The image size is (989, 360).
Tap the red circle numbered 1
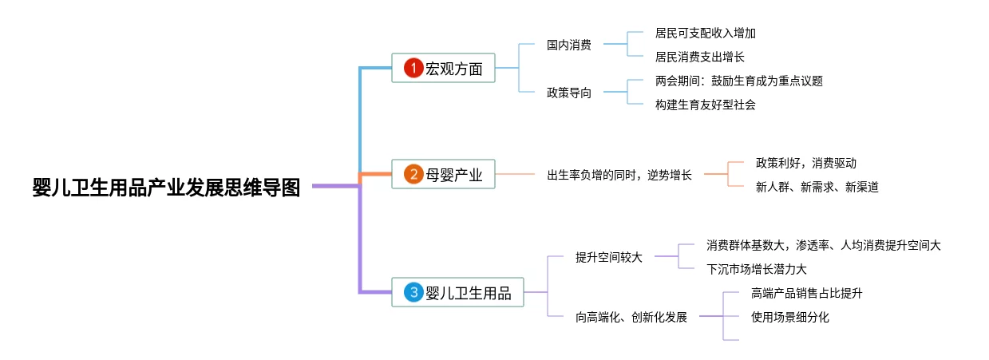413,68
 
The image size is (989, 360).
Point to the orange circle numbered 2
413,174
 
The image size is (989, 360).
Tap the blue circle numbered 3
413,292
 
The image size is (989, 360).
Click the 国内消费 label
569,45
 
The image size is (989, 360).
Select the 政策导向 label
569,93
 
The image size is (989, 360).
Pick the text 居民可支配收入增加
705,34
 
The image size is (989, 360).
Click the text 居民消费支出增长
699,57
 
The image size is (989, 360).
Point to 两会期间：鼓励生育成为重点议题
738,81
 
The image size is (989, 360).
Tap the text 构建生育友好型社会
705,105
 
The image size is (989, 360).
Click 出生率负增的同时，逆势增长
619,174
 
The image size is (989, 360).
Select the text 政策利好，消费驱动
805,163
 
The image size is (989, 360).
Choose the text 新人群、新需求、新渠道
817,186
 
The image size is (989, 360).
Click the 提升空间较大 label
609,257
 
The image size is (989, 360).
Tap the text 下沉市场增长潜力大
756,269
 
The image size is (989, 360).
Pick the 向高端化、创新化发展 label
631,317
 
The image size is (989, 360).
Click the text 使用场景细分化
789,317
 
